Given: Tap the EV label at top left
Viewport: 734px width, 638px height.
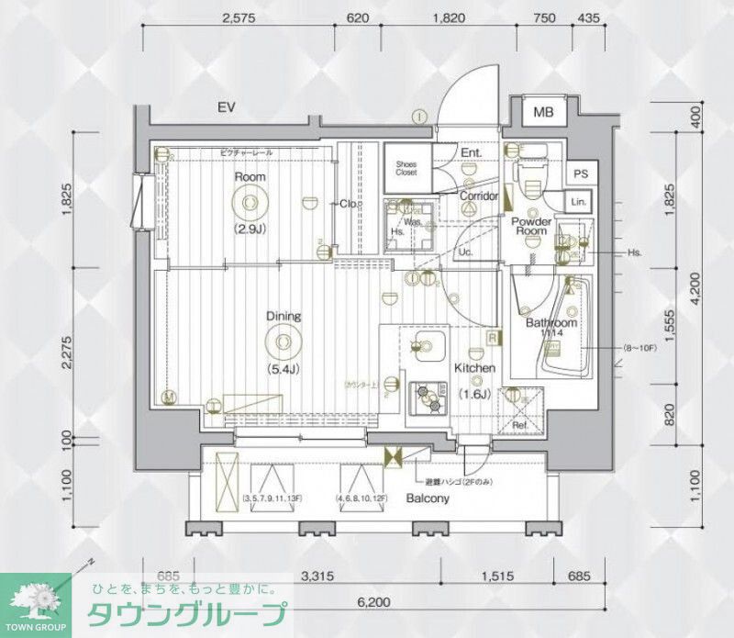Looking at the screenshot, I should (x=227, y=108).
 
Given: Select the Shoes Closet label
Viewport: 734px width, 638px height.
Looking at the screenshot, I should (x=406, y=167).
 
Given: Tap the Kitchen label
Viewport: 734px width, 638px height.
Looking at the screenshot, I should (x=475, y=368).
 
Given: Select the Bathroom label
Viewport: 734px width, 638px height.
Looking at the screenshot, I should (x=550, y=324).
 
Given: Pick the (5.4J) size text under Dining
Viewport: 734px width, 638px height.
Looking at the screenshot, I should (x=283, y=370).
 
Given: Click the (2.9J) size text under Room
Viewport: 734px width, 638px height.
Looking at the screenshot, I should (x=250, y=229).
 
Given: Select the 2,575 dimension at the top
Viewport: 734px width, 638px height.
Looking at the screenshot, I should (x=237, y=17).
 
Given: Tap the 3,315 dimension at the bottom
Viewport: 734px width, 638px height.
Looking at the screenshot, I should (x=317, y=576).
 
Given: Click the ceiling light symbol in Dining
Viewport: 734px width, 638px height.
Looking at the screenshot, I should (x=283, y=343).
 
